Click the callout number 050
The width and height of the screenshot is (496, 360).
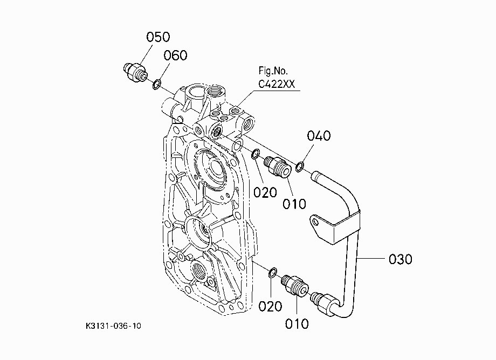pyautogui.click(x=158, y=37)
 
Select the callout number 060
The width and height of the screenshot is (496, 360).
pyautogui.click(x=175, y=56)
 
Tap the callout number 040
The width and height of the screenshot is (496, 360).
pyautogui.click(x=319, y=136)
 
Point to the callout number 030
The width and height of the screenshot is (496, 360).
pyautogui.click(x=401, y=259)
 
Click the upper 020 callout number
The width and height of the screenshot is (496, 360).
pyautogui.click(x=265, y=192)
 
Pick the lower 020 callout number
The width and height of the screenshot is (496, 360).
pyautogui.click(x=270, y=306)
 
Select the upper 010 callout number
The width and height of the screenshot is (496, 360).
pyautogui.click(x=294, y=204)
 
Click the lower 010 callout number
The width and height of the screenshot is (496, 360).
pyautogui.click(x=297, y=324)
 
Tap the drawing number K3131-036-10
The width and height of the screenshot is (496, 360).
pyautogui.click(x=113, y=326)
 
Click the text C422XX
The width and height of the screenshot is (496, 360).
pyautogui.click(x=277, y=84)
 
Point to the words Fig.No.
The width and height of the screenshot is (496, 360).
pyautogui.click(x=273, y=71)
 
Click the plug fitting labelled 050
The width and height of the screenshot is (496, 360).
pyautogui.click(x=135, y=72)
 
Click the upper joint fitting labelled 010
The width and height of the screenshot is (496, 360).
pyautogui.click(x=276, y=167)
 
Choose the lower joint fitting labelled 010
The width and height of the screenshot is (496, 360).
pyautogui.click(x=295, y=285)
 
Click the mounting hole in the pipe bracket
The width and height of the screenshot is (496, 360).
pyautogui.click(x=316, y=222)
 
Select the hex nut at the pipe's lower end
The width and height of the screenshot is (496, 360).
pyautogui.click(x=327, y=304)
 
